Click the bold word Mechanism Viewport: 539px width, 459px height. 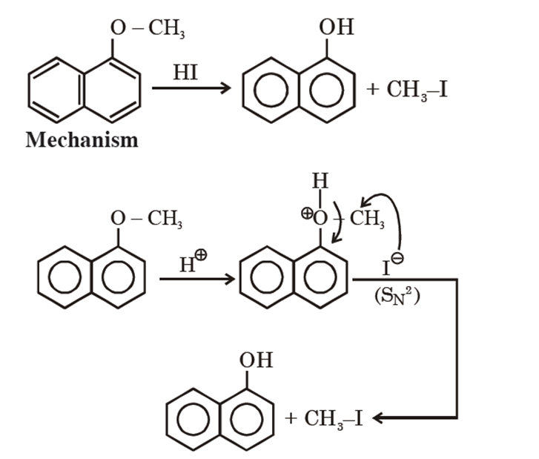tap(82, 139)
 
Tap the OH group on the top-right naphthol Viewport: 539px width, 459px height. tap(336, 28)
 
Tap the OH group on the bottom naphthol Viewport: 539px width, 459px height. tap(256, 360)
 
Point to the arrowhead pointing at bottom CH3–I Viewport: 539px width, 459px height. tap(377, 420)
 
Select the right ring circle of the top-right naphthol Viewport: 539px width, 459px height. tap(323, 93)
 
